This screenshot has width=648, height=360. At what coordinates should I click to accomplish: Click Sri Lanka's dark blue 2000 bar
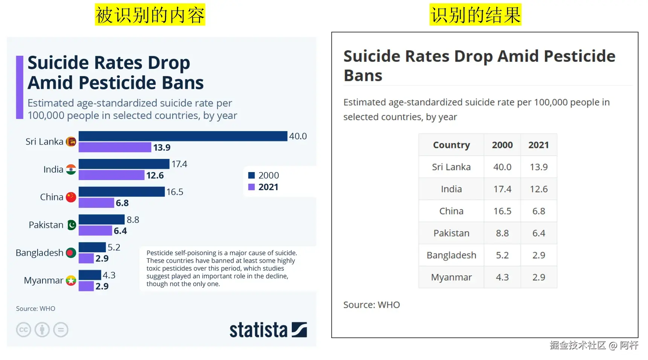pos(183,136)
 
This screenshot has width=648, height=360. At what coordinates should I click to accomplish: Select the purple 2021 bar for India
pos(111,175)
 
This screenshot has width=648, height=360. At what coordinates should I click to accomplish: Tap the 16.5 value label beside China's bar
pos(175,192)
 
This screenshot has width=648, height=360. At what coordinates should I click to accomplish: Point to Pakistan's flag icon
pos(71,225)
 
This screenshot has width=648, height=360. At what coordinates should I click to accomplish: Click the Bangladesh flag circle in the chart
pos(71,253)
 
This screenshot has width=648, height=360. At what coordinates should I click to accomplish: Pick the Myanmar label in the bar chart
pos(43,281)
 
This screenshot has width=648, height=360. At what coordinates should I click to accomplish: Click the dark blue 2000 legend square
pos(252,175)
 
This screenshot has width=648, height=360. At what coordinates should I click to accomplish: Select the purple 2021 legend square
pos(252,187)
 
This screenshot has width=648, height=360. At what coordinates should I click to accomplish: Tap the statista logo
pos(268,330)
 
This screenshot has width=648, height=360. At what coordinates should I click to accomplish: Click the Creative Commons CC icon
pos(23,330)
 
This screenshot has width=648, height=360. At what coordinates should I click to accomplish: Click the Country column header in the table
pos(451,145)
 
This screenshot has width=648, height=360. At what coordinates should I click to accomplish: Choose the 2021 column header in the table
pos(538,145)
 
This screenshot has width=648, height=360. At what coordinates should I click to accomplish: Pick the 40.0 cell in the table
pos(502,167)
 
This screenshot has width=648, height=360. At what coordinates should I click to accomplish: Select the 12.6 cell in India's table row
pos(538,189)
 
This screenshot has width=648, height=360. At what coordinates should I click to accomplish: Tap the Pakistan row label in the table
pos(451,233)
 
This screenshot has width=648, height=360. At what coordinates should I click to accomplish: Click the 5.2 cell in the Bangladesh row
pos(502,255)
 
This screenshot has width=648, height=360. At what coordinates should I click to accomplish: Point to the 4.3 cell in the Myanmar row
pos(502,278)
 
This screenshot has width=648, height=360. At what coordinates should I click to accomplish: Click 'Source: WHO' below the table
pos(371,305)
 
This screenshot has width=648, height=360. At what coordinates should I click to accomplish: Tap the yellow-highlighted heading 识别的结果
pos(475,15)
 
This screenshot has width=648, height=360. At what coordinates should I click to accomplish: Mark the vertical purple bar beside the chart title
pos(20,87)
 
